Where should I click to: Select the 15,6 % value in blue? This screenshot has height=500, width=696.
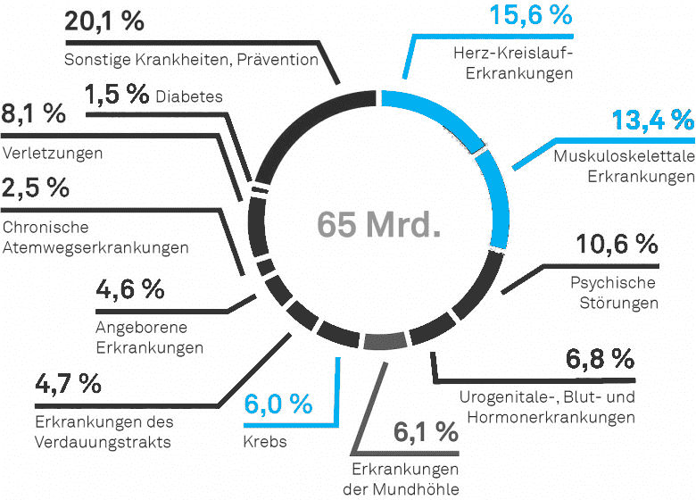[530, 16]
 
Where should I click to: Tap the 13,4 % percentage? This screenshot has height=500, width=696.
[652, 121]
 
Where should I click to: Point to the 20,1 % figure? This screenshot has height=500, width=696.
[104, 21]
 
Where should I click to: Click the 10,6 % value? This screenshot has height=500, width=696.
[617, 244]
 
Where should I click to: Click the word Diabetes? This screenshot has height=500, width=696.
[189, 96]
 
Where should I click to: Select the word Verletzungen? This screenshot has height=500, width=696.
[53, 153]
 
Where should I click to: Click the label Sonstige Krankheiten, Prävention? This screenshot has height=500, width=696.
[192, 60]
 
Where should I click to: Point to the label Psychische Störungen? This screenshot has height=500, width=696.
[613, 293]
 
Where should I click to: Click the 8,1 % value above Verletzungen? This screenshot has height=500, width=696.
[34, 113]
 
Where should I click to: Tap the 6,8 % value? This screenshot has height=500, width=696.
[600, 360]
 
